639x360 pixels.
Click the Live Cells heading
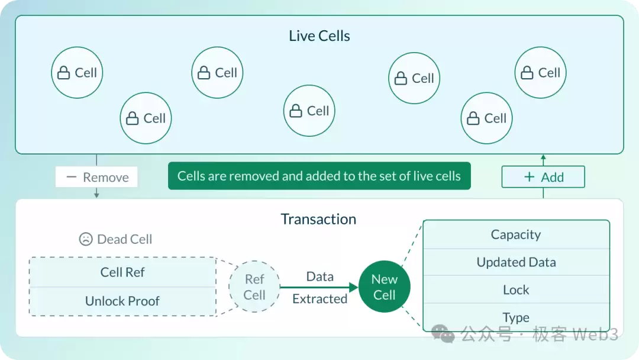pos(319,36)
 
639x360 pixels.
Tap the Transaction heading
pos(318,219)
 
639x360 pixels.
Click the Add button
pos(543,177)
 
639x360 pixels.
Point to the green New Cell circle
pos(384,287)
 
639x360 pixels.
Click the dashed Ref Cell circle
pos(254,287)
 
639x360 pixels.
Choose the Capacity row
pos(516,234)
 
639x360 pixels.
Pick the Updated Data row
pos(516,262)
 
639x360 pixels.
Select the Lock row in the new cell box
pos(516,290)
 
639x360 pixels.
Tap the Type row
pos(516,317)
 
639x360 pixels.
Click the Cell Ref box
pos(122,272)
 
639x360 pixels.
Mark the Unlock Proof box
pos(122,301)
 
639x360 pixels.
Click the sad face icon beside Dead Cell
pos(86,239)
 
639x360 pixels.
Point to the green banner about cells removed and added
pos(319,176)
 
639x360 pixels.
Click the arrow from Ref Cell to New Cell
pos(319,287)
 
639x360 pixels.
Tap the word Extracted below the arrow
pos(319,299)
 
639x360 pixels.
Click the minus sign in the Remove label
pos(72,177)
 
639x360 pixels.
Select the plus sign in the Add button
pos(529,177)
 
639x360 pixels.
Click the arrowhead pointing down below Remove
pos(96,195)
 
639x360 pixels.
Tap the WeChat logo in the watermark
pos(443,334)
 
